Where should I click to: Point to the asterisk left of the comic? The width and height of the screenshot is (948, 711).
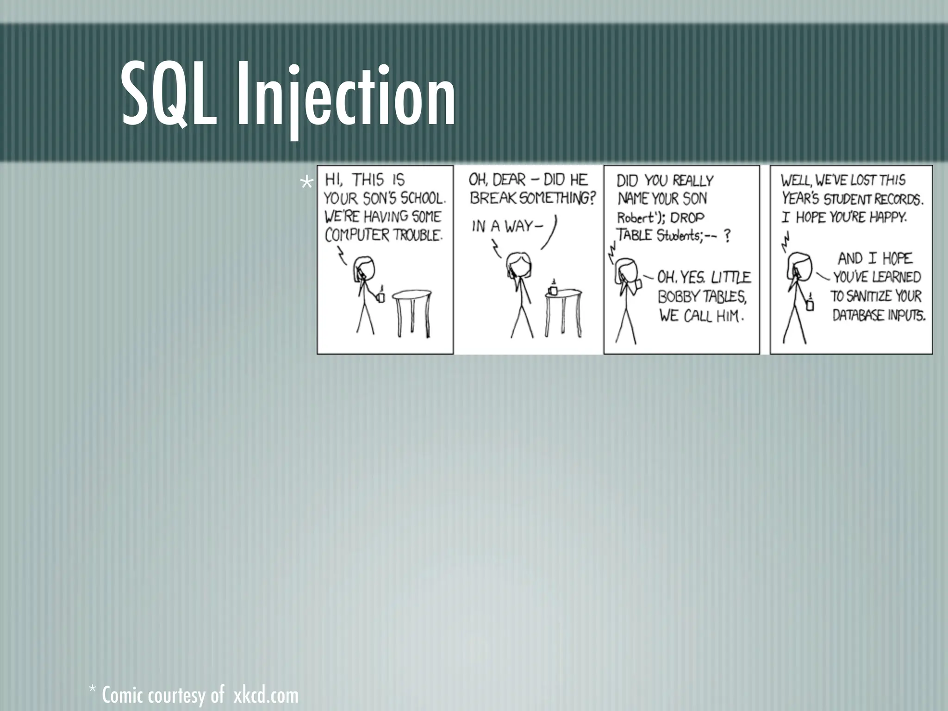[x=306, y=183]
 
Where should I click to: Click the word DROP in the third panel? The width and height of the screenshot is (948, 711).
[x=687, y=218]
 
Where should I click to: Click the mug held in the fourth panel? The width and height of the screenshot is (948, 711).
[x=810, y=304]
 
